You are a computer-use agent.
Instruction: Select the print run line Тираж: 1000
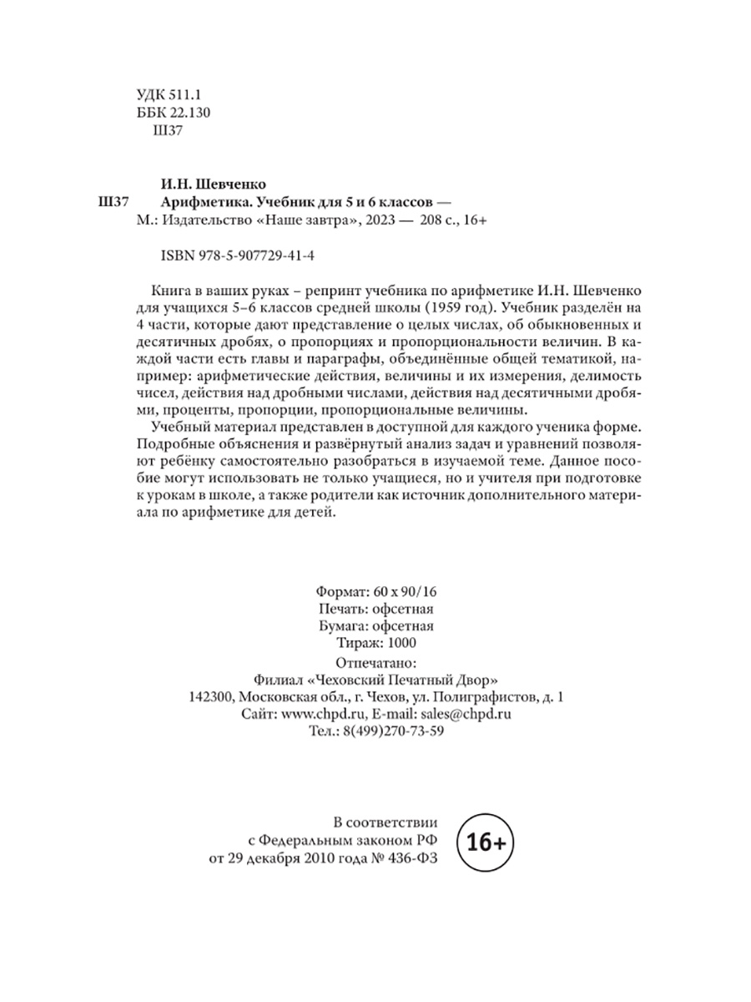(367, 642)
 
